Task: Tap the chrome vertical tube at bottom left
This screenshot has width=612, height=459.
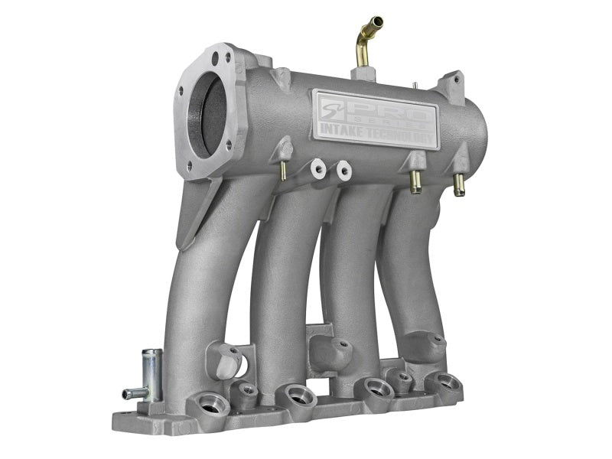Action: [x=151, y=375]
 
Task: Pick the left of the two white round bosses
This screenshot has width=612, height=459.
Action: [x=315, y=166]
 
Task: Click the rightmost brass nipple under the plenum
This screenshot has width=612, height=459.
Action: [x=459, y=186]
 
